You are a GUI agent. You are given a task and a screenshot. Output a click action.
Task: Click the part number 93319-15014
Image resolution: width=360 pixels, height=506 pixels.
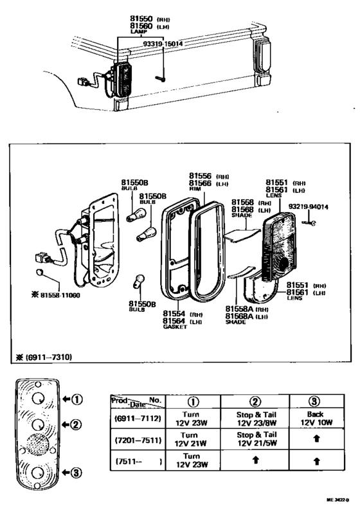tap(163, 44)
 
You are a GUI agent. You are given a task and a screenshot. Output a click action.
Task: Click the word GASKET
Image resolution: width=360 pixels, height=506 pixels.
tap(174, 327)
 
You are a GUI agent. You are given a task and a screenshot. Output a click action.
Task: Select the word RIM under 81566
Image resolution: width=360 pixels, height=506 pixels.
tap(195, 190)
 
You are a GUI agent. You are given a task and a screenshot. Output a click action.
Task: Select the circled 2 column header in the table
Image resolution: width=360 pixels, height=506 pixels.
tap(255, 401)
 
